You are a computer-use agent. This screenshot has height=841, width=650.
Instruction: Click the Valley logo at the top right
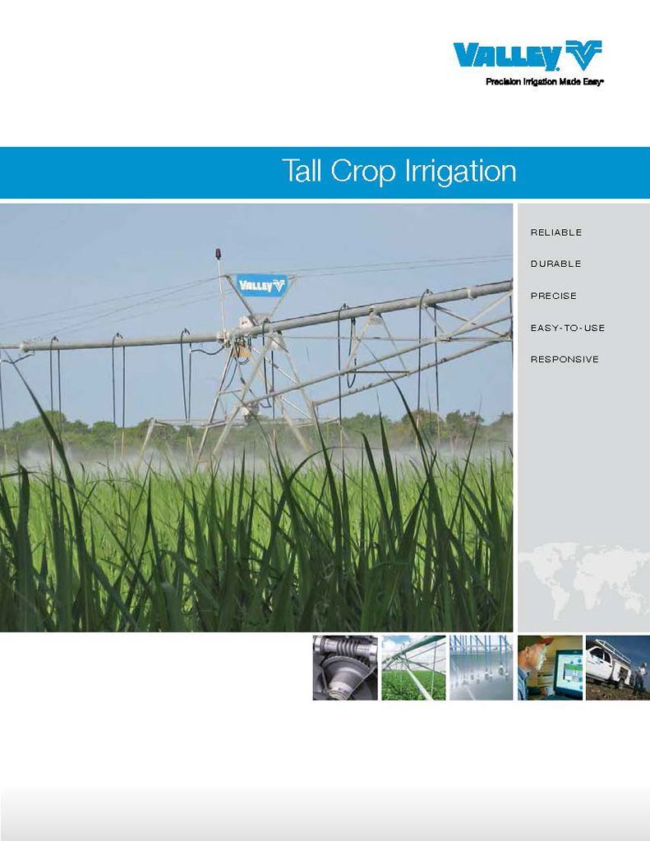(527, 56)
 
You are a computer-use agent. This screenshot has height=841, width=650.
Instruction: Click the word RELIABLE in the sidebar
(555, 232)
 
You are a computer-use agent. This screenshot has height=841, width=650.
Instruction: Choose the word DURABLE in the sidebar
(555, 264)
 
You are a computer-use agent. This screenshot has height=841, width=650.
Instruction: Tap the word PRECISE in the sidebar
(553, 296)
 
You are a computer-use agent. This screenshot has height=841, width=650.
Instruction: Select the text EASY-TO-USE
(567, 328)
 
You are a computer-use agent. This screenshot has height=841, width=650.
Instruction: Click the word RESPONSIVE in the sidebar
(564, 360)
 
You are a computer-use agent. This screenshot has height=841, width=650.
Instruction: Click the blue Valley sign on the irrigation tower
(261, 285)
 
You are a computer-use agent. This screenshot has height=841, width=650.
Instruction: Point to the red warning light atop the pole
(219, 253)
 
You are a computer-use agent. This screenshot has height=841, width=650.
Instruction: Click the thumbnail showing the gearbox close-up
(345, 667)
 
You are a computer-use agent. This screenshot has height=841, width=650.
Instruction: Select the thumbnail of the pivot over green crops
(413, 667)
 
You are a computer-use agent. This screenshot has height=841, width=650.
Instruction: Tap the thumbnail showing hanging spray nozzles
(481, 667)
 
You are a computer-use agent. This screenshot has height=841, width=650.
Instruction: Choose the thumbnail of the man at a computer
(549, 667)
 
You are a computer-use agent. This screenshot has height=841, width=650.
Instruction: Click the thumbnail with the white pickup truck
(617, 667)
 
